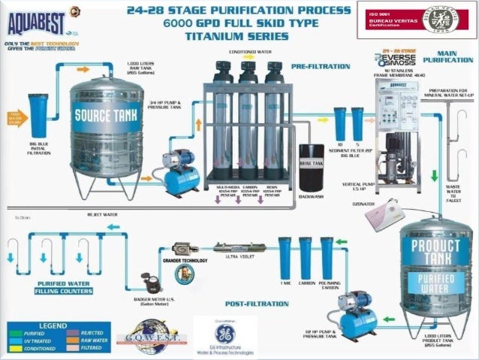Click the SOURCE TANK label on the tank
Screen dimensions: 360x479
tap(106, 116)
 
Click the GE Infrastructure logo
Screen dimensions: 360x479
tap(224, 335)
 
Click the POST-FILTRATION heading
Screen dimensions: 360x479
tap(257, 304)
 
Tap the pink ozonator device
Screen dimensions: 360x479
tap(384, 215)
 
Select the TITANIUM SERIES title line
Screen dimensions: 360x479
tap(239, 35)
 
